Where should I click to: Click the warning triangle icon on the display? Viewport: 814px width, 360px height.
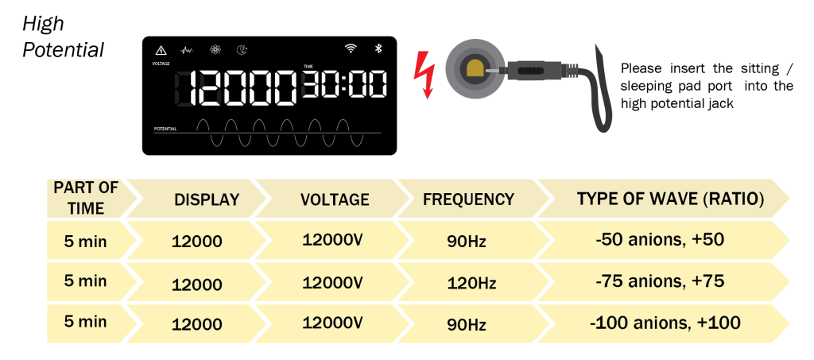pos(161,50)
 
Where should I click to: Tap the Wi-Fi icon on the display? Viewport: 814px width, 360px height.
pos(351,48)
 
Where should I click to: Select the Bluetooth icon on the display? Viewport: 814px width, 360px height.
pos(378,48)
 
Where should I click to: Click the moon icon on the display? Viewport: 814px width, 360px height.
pos(242,50)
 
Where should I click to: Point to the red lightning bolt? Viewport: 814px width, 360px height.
pos(424,74)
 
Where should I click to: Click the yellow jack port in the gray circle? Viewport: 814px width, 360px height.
pos(475,69)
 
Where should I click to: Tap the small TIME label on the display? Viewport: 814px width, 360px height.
pos(308,67)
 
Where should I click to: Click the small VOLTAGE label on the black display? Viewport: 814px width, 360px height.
pos(161,64)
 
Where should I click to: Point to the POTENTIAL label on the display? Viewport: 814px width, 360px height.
pos(165,128)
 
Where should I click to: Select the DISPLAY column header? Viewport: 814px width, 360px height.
pos(207,199)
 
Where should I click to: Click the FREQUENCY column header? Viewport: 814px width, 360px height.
pos(468,199)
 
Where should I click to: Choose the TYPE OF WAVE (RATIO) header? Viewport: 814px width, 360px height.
pos(670,199)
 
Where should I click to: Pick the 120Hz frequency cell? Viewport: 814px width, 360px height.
pos(471,283)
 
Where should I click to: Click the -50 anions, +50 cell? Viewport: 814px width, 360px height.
pos(660,240)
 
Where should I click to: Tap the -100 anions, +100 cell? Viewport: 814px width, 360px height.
pos(665,323)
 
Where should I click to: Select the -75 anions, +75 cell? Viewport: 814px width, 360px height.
pos(660,281)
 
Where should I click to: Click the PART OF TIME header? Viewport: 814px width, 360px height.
pos(86,198)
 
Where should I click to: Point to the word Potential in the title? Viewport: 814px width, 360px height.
pos(64,50)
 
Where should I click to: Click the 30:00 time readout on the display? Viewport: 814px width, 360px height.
pos(345,84)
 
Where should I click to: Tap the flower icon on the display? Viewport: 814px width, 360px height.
pos(215,50)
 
